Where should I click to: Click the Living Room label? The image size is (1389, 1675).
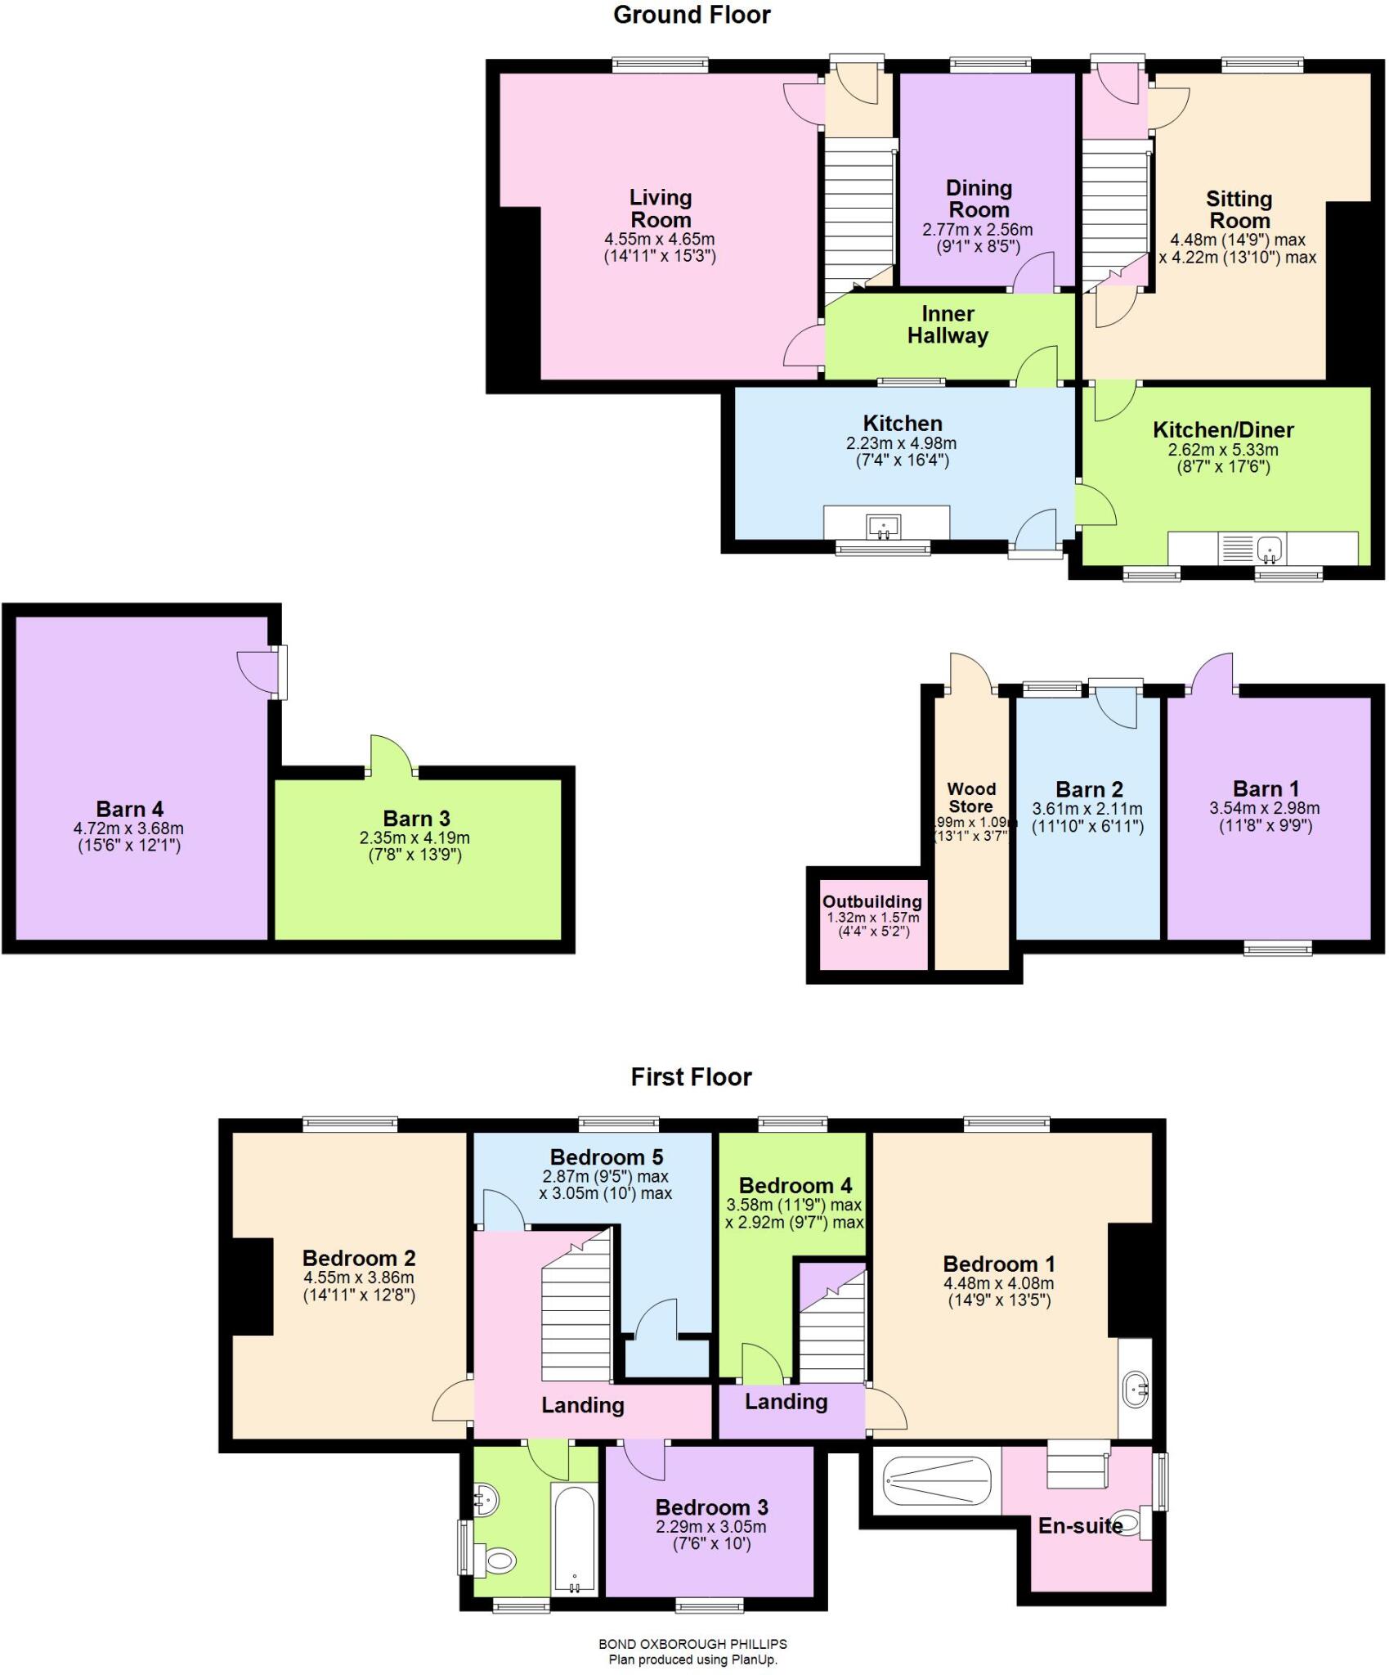[660, 209]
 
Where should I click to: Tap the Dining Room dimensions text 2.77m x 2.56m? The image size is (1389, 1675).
[977, 231]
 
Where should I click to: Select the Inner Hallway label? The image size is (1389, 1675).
[948, 325]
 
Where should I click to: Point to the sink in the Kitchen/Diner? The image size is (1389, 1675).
[1269, 548]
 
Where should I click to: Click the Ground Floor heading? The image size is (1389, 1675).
[692, 15]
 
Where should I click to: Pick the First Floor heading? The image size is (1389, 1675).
[691, 1076]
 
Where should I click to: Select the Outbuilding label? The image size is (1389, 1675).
[871, 901]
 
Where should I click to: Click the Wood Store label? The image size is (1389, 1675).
[971, 797]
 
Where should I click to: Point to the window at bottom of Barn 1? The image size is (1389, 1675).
[1278, 948]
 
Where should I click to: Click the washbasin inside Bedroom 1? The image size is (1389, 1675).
[1137, 1388]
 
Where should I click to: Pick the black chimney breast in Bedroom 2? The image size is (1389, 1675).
[253, 1287]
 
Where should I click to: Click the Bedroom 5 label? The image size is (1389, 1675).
[606, 1157]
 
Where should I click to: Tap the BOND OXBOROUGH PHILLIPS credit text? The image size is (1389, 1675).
[692, 1643]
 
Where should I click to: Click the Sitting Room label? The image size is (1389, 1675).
[1239, 209]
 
